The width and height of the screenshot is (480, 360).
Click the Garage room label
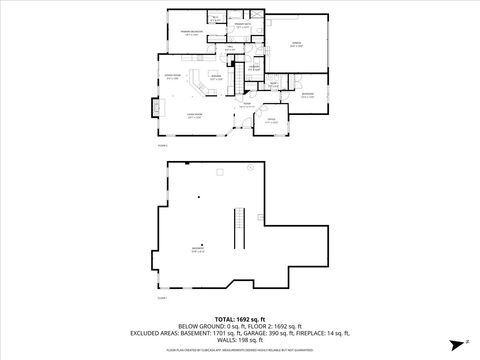click(x=296, y=45)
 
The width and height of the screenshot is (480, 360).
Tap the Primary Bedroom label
click(x=192, y=34)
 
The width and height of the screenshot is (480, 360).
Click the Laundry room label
click(x=254, y=67)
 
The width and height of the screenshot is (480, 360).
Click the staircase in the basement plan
click(x=238, y=230)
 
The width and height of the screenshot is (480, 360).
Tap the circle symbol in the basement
click(x=201, y=245)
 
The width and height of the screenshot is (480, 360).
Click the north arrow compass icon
click(x=456, y=344)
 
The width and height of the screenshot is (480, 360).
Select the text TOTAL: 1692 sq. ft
click(x=240, y=317)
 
